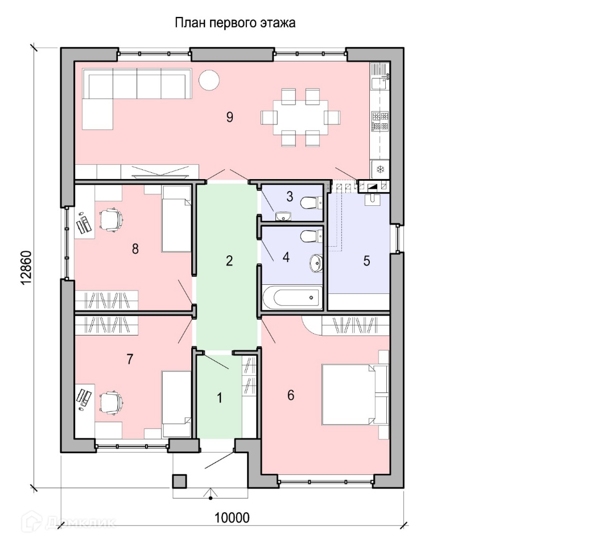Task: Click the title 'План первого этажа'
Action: pyautogui.click(x=235, y=23)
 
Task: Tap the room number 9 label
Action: pyautogui.click(x=229, y=117)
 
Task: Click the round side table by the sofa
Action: pyautogui.click(x=208, y=80)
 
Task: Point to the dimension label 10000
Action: pyautogui.click(x=232, y=518)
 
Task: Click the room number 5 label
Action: pyautogui.click(x=366, y=261)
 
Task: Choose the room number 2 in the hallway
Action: pyautogui.click(x=229, y=261)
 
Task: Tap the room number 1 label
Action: pyautogui.click(x=220, y=398)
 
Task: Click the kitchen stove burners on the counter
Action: pyautogui.click(x=380, y=121)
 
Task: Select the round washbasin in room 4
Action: pyautogui.click(x=316, y=262)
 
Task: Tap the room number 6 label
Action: pyautogui.click(x=291, y=395)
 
